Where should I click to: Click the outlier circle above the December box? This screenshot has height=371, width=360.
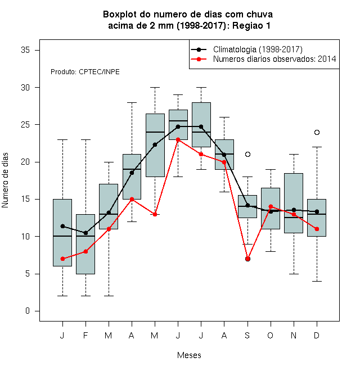click(317, 132)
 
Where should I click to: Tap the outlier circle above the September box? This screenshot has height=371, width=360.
click(247, 154)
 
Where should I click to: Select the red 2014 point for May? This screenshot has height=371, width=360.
click(155, 214)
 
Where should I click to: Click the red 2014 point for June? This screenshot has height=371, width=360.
click(178, 139)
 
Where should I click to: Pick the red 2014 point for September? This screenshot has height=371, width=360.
click(247, 259)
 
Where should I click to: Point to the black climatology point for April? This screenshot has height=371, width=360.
click(132, 173)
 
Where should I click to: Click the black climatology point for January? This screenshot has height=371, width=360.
click(62, 226)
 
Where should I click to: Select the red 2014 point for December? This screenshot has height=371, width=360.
click(317, 229)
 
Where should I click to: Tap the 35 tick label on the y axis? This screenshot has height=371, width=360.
click(25, 50)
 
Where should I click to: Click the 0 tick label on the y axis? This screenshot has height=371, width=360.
click(28, 311)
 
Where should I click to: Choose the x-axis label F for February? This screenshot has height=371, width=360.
click(85, 335)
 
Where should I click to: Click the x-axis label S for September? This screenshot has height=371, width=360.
click(247, 335)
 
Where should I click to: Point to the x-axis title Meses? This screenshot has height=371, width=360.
click(189, 355)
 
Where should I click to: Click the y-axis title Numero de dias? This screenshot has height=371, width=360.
click(5, 180)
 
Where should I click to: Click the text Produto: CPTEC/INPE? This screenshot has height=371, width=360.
click(85, 72)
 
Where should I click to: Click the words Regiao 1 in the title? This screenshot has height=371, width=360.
click(251, 25)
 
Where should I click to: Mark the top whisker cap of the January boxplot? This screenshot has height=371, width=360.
click(62, 139)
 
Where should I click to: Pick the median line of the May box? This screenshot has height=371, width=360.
click(155, 132)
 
